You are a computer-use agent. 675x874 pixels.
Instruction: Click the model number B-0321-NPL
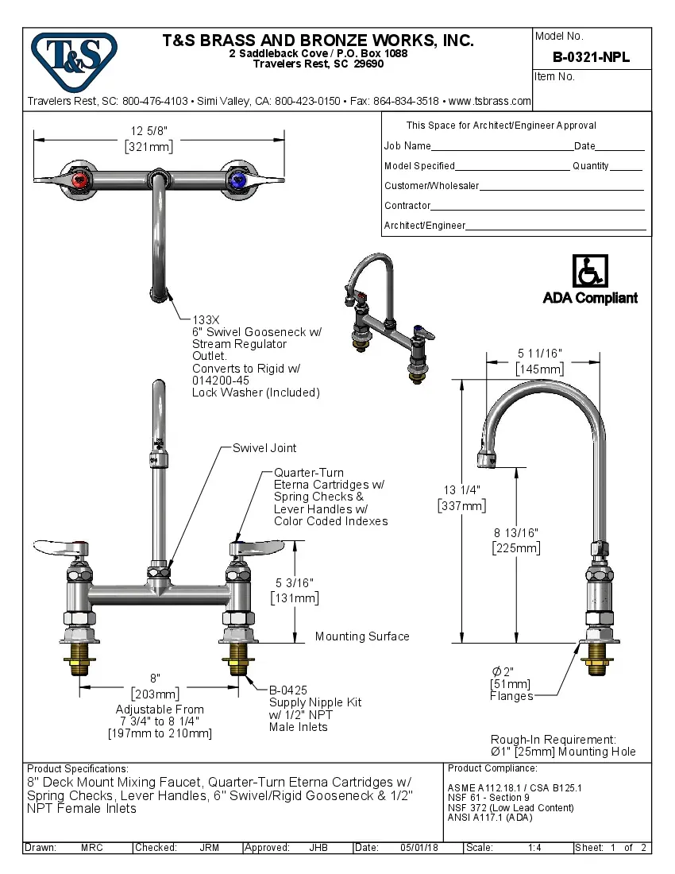coord(591,57)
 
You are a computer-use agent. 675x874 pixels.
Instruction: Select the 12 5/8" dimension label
coord(149,131)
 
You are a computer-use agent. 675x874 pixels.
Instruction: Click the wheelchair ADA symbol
coord(589,273)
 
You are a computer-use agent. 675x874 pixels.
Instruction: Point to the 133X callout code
coord(206,319)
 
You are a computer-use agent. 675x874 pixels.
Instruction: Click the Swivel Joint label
coord(264,448)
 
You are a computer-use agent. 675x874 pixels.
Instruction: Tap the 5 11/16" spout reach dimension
coord(540,354)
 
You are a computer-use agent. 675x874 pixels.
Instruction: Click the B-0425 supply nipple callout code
coord(287,690)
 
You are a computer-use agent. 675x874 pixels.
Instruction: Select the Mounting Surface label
coord(362,636)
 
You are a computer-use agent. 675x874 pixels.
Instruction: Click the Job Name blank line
coord(502,147)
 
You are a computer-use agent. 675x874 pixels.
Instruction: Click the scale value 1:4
coord(534,848)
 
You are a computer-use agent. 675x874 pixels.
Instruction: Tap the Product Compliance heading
coord(492,768)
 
